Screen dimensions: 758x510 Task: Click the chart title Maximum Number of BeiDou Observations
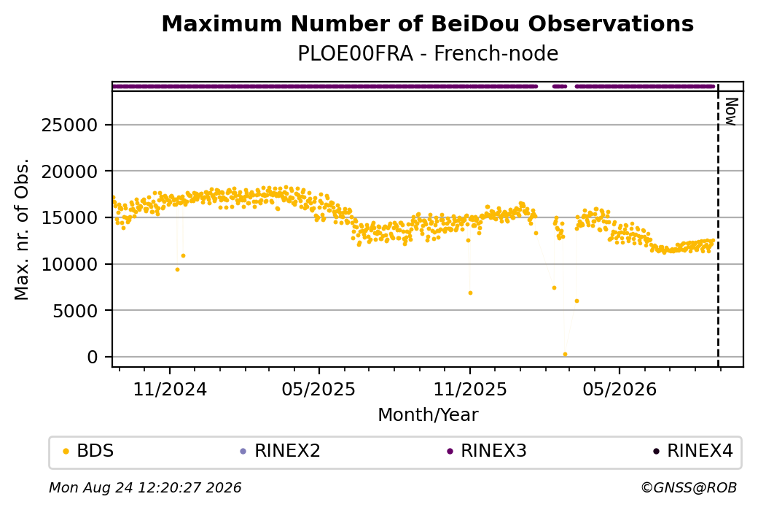coord(427,23)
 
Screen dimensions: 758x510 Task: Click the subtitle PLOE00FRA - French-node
coord(428,54)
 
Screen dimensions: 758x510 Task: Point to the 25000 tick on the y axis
coord(70,125)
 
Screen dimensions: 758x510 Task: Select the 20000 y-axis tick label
coord(70,171)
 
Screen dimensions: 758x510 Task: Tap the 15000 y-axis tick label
coord(70,217)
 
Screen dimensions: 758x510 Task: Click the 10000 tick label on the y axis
coord(70,264)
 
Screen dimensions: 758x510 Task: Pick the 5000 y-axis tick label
coord(75,311)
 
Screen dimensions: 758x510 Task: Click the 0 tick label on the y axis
coord(93,357)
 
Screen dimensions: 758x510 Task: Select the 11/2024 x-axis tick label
coord(170,389)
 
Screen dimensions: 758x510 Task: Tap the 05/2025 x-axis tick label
coord(319,389)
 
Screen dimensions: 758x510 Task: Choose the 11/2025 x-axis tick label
coord(470,389)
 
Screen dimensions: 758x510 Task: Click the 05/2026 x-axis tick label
coord(620,389)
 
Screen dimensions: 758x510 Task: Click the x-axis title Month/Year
coord(428,414)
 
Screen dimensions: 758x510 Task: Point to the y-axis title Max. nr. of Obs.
coord(22,229)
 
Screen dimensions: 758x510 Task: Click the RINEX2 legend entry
coord(281,451)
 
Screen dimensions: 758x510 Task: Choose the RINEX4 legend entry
coord(692,451)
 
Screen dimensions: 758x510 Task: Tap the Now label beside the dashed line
coord(731,112)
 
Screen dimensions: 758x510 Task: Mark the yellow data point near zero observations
coord(565,354)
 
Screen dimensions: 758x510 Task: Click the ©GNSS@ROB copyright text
coord(689,487)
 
